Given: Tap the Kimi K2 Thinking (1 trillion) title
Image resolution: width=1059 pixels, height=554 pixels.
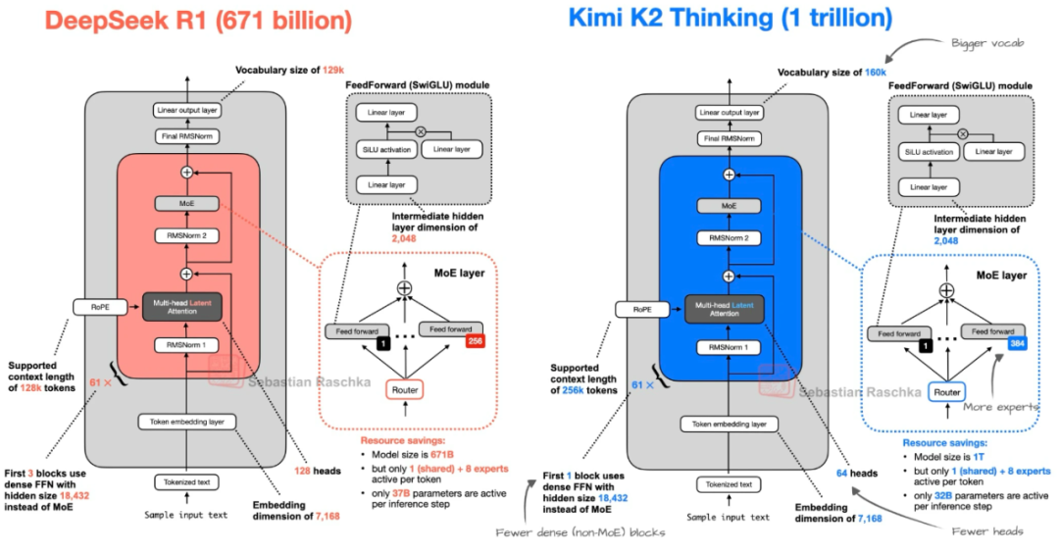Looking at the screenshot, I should pos(731,17).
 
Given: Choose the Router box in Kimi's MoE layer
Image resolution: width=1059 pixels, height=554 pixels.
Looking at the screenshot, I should pos(946,392).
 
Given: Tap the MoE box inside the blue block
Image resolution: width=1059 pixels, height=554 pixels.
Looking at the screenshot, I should pos(729,205).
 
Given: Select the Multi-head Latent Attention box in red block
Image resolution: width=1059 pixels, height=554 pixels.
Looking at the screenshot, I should pos(185,307).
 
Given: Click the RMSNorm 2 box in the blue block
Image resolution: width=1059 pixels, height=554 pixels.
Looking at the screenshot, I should pos(729,238).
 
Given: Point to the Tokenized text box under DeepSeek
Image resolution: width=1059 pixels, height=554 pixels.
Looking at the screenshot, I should pos(185,481).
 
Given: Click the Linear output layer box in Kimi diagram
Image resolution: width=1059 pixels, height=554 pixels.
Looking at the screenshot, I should pos(729,112).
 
